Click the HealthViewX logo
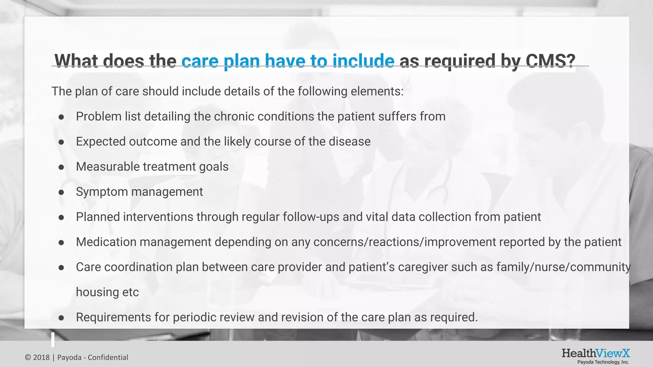tap(596, 353)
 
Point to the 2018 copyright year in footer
tap(41, 357)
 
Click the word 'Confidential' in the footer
tap(108, 357)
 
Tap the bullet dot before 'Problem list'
tap(61, 117)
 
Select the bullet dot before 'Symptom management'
tap(61, 192)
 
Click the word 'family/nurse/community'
tap(563, 267)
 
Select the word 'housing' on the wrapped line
tap(93, 292)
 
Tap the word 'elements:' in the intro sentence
tap(377, 91)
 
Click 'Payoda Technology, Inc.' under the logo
tap(603, 362)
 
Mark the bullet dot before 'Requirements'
tap(61, 318)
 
